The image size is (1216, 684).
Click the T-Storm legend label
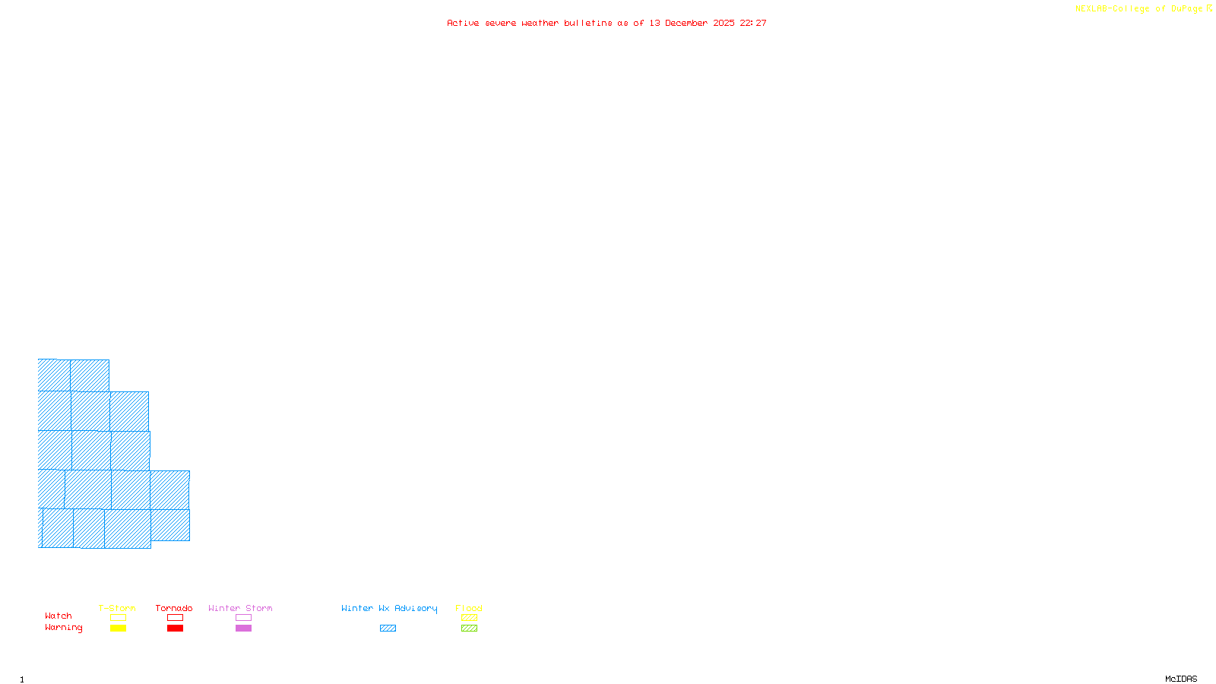point(117,608)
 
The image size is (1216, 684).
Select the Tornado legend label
point(174,608)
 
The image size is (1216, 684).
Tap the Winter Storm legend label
point(240,608)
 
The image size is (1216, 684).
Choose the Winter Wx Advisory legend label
point(389,608)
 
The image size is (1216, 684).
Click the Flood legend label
point(469,608)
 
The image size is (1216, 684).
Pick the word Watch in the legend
point(59,616)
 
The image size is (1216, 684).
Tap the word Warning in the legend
point(64,628)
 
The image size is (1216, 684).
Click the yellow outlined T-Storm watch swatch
point(118,618)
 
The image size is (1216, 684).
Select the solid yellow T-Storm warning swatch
point(118,629)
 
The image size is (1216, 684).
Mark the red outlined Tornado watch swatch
point(175,618)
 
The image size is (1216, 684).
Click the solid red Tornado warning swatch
point(175,629)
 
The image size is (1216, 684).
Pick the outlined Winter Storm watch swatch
point(243,618)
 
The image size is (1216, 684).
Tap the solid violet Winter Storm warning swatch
point(243,629)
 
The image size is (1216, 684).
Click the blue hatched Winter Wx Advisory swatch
point(388,629)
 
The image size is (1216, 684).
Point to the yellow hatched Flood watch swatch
point(469,618)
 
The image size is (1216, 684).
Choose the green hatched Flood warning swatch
point(469,629)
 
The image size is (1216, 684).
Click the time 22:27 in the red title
point(753,23)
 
